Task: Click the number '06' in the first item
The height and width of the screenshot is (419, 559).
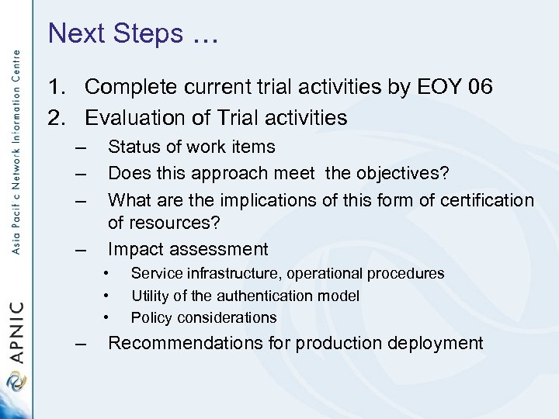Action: point(481,87)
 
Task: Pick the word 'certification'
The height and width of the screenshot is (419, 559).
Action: point(487,201)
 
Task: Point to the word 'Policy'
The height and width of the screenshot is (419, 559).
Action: point(148,317)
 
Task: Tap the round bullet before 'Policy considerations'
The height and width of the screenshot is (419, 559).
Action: point(105,317)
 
